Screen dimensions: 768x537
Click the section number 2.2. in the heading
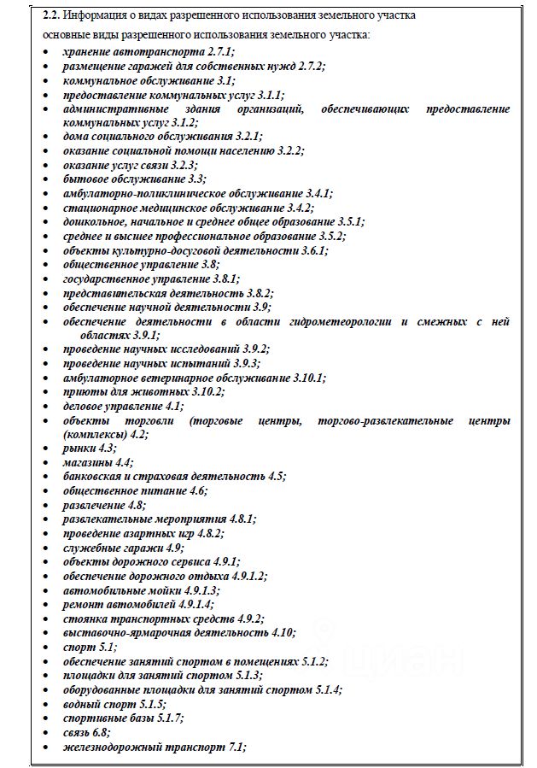tap(53, 15)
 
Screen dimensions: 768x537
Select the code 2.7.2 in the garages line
tap(308, 67)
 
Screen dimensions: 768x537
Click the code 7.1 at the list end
tap(236, 747)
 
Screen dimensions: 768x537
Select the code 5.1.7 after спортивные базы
tap(166, 718)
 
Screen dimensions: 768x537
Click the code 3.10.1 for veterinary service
tap(309, 378)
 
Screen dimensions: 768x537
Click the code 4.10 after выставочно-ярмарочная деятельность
tap(283, 633)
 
